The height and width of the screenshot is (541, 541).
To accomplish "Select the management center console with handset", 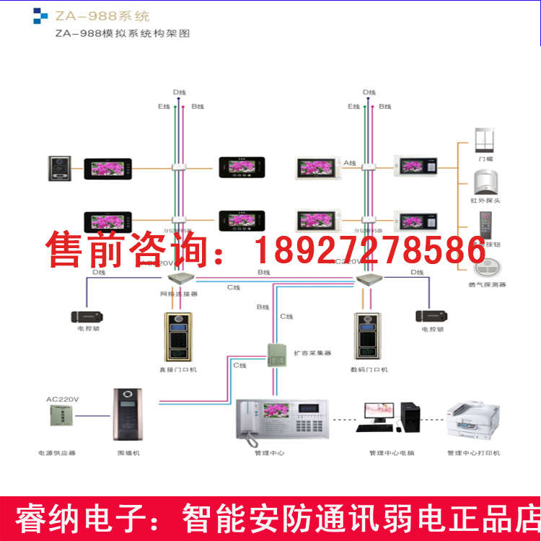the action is [282, 418].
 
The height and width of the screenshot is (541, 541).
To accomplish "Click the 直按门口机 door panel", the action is [177, 335].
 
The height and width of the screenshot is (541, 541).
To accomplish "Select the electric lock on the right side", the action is [429, 316].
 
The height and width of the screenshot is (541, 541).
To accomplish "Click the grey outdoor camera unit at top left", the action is [58, 168].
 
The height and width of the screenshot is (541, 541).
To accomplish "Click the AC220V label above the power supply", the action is [62, 399].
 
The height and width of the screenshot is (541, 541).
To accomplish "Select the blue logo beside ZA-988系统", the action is [40, 15].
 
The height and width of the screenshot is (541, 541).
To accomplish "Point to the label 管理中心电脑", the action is [392, 453].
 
